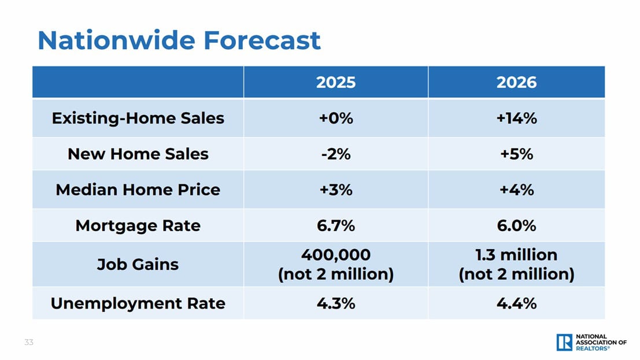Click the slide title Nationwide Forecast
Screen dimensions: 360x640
[179, 40]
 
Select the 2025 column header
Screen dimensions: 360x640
[335, 83]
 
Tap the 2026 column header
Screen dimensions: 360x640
[516, 83]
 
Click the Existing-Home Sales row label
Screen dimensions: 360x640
[138, 118]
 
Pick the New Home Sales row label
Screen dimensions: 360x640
[138, 154]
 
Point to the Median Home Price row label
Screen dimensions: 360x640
[138, 190]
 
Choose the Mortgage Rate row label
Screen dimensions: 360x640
[138, 225]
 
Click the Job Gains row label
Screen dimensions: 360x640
[138, 265]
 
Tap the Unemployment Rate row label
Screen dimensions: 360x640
[138, 303]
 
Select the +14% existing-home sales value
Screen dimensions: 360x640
[516, 118]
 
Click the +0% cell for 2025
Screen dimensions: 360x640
[335, 118]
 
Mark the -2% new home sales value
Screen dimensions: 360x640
[335, 154]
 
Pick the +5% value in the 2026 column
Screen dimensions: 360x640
[516, 154]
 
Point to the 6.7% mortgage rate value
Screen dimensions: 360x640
[335, 225]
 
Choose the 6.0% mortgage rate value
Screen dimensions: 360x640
[516, 225]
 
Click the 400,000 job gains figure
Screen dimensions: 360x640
[335, 255]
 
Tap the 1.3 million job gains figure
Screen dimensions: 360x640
[516, 255]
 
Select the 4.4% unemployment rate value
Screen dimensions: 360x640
[516, 303]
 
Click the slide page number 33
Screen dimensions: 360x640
[29, 343]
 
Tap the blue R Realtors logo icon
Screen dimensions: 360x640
[564, 342]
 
